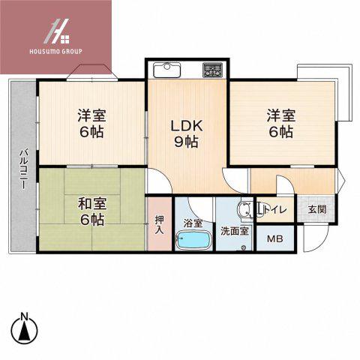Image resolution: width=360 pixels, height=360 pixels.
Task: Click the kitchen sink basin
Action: pos(167,70)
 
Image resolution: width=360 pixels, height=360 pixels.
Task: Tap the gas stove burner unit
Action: pos(212,70)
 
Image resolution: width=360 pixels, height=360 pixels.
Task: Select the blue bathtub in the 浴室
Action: pos(193,240)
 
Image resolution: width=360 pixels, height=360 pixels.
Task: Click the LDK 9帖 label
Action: pos(187,133)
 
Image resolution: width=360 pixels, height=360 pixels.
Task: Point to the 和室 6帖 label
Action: pos(92,211)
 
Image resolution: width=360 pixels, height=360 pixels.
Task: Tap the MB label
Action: pos(275,239)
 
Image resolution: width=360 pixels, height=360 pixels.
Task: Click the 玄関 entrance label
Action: pos(317,209)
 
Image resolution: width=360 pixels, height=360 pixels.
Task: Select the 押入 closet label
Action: pos(160,225)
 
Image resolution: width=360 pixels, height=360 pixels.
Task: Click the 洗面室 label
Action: pos(235,231)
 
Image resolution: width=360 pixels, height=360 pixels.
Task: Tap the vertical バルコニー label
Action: pos(24,169)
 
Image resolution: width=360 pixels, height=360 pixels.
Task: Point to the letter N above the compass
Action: pos(24,316)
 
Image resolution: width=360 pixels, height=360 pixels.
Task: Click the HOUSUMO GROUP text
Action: pos(55,52)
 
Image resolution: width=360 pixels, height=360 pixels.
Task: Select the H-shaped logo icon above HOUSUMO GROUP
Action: pos(56,31)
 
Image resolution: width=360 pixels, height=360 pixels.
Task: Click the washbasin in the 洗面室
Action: pos(244,209)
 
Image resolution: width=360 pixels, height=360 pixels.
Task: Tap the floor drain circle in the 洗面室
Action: pos(243,247)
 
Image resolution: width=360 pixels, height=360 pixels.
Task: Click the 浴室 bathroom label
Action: pos(193,223)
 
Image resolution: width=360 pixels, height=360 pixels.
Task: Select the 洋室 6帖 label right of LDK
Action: pos(281,124)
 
